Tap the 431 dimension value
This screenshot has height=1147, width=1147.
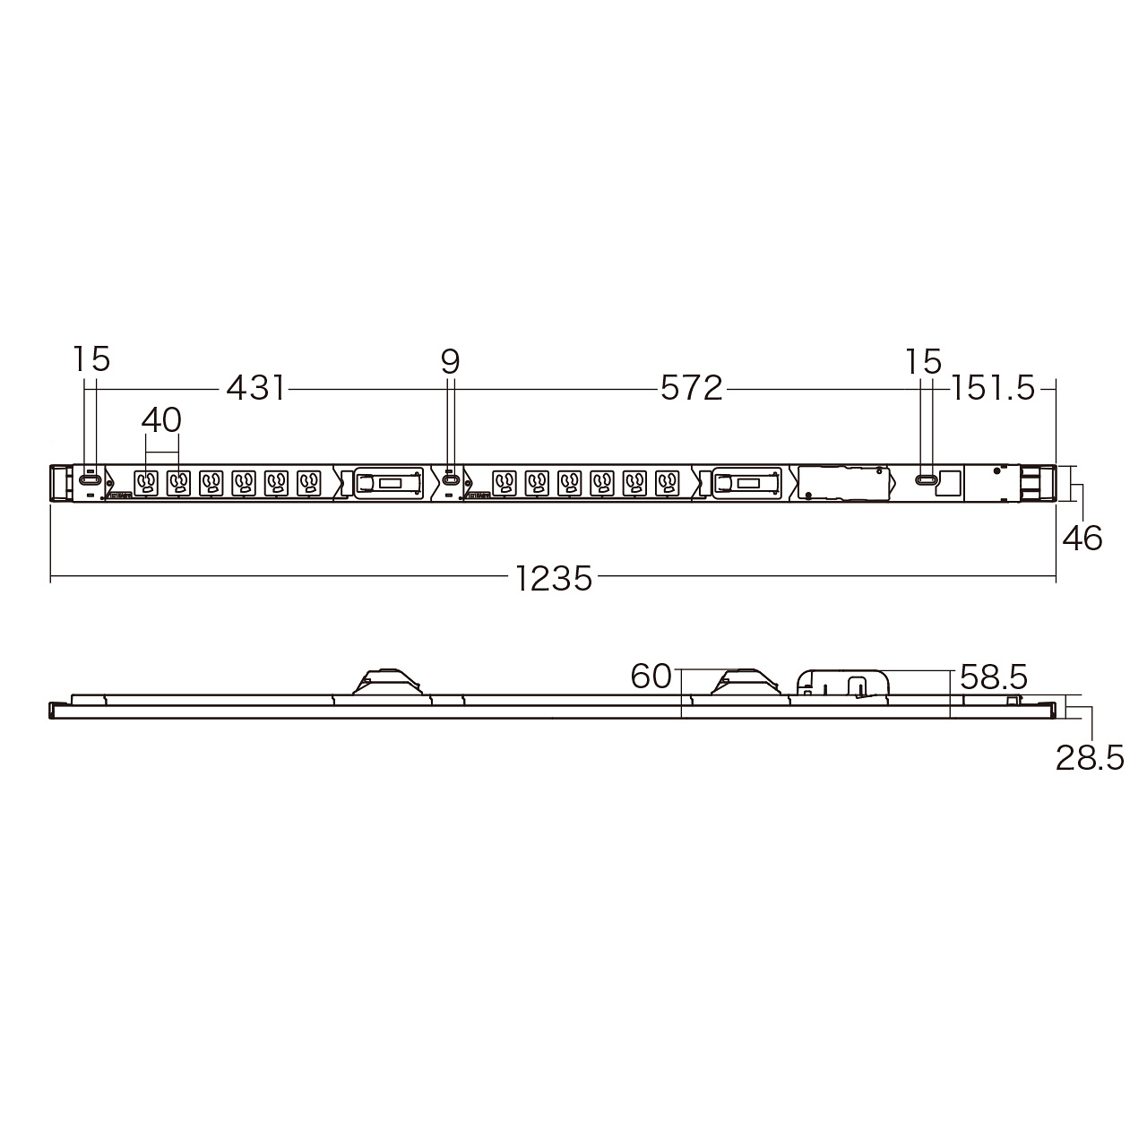click(x=255, y=389)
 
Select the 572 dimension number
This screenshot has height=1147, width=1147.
click(x=691, y=389)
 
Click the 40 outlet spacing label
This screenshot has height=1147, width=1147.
click(x=161, y=420)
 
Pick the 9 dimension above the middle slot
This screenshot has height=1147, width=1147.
click(x=451, y=362)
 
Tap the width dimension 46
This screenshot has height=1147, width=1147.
click(x=1082, y=538)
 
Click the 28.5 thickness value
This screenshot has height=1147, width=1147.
click(x=1090, y=758)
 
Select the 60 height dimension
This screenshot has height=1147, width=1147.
click(x=651, y=677)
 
